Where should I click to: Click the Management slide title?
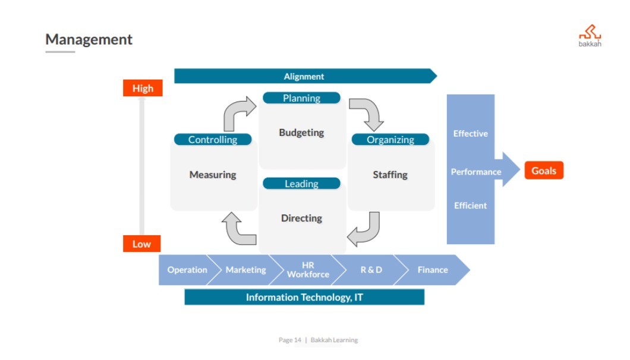[89, 40]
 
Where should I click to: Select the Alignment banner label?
[304, 76]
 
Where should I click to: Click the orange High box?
[143, 89]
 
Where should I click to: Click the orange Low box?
[141, 244]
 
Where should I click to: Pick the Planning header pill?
[301, 98]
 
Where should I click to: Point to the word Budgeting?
[301, 132]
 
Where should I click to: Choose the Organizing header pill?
[390, 140]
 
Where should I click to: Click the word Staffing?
[390, 175]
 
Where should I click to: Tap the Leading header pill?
[301, 184]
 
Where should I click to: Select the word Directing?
[301, 218]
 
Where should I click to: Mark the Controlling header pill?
[213, 140]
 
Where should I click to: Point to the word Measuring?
[213, 175]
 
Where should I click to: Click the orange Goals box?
[543, 171]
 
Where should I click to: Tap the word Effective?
[470, 134]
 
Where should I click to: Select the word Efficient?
[470, 206]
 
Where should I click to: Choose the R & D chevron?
[371, 270]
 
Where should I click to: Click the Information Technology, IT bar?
[304, 297]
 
